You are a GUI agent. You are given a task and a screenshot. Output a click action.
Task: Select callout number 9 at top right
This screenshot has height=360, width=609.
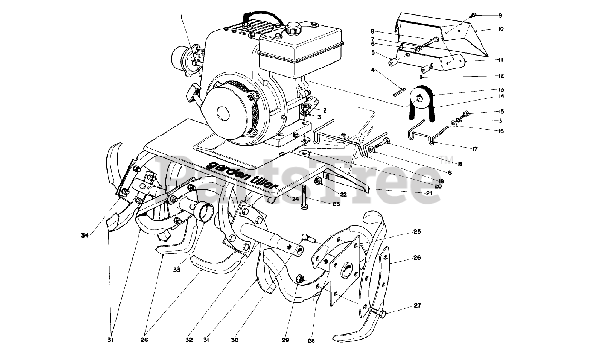[487, 15]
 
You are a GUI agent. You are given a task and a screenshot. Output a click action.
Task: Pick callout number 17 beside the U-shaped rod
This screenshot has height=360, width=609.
[474, 149]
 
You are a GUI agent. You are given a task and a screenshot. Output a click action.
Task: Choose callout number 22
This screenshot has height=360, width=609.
[343, 194]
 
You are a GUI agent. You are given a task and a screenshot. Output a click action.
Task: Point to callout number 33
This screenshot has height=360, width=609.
[177, 270]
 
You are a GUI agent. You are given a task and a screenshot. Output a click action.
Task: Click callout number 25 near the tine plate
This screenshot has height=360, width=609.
[417, 232]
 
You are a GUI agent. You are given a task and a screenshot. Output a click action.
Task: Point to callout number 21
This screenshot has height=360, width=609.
[429, 193]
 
